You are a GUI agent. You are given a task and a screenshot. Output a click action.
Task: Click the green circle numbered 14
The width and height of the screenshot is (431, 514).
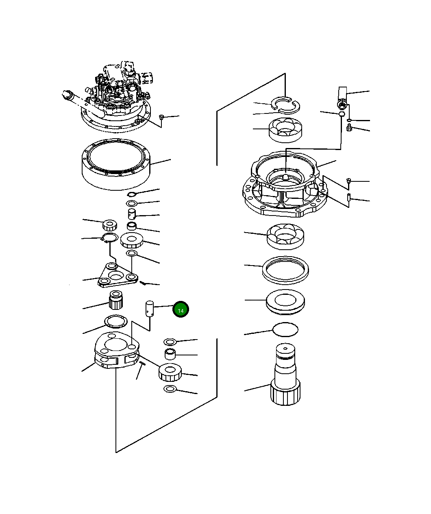click(181, 310)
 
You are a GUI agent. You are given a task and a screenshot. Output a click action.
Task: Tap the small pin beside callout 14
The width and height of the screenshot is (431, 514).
click(150, 308)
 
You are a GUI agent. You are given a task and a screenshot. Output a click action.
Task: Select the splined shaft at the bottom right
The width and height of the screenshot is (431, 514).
click(285, 374)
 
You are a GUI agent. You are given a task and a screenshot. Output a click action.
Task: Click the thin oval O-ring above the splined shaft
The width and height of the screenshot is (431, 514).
click(285, 329)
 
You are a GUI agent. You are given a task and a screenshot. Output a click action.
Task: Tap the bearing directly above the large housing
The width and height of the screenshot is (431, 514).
click(285, 130)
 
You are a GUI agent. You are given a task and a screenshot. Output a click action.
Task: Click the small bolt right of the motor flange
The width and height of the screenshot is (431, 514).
click(161, 118)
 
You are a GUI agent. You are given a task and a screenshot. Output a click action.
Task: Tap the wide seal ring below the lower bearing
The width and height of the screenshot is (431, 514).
click(285, 269)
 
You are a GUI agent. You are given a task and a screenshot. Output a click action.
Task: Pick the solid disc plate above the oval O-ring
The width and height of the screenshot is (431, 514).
click(285, 301)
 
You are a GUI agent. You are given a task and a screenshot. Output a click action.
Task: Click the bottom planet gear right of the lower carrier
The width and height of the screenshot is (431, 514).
click(170, 372)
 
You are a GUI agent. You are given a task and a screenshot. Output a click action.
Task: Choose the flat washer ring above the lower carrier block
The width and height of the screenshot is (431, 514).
click(116, 322)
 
